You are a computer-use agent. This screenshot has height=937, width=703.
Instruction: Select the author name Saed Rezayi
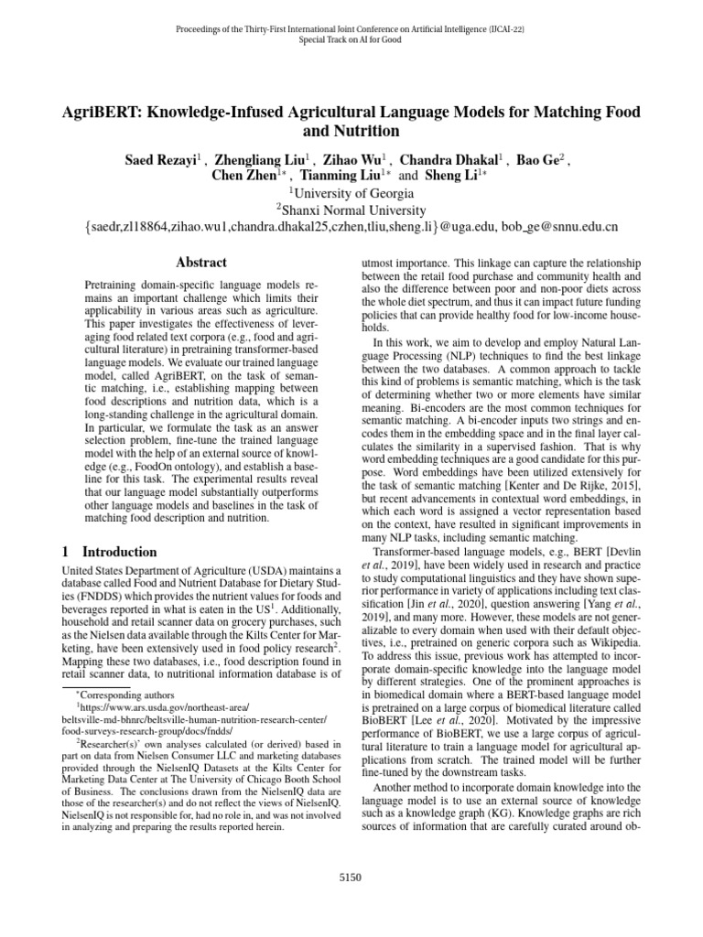(x=163, y=160)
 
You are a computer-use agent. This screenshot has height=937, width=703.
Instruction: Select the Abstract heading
(x=200, y=263)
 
